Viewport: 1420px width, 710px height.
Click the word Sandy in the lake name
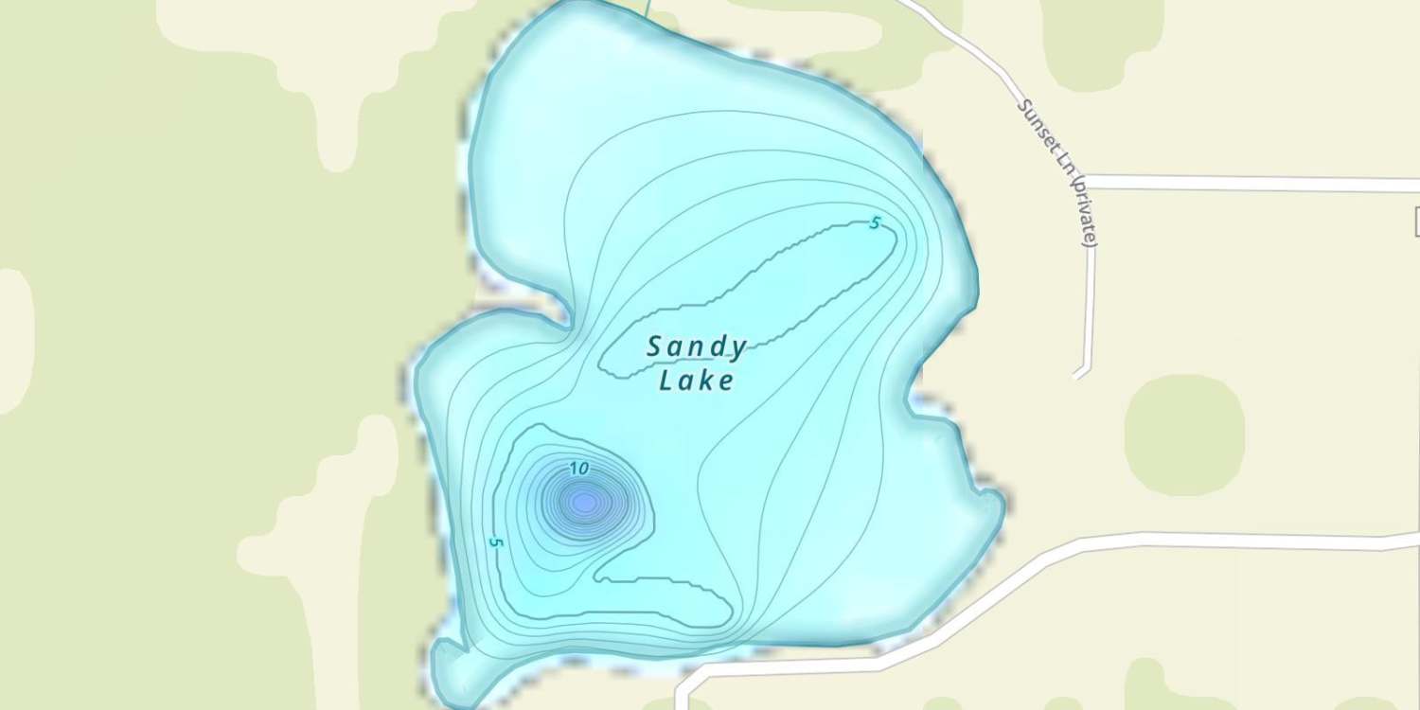697,347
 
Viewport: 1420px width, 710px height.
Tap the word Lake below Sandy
697,381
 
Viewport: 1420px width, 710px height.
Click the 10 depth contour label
580,468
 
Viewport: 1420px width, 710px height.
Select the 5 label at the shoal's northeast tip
875,223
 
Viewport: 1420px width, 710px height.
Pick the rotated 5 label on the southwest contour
495,542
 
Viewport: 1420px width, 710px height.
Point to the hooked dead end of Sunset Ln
1078,373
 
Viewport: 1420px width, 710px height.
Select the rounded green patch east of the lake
1184,435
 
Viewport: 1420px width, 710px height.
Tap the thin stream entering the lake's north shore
648,8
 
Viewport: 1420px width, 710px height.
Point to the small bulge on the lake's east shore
990,502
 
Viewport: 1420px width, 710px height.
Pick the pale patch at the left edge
14,341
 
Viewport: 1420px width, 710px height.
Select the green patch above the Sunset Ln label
1103,38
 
